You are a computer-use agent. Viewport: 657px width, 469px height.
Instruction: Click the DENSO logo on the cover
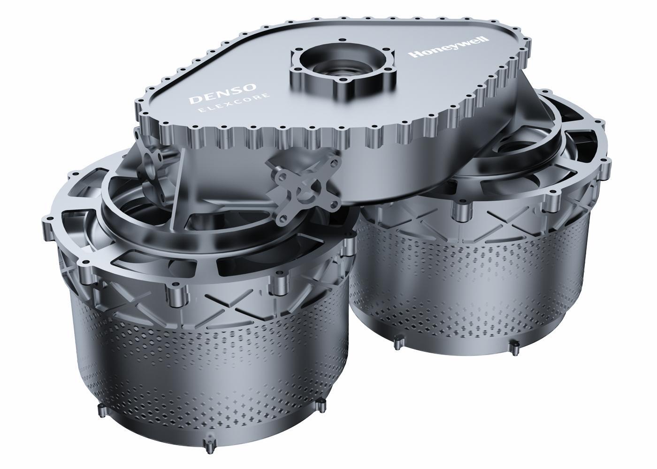222,93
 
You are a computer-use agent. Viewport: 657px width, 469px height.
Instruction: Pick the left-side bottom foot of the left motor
101,410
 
